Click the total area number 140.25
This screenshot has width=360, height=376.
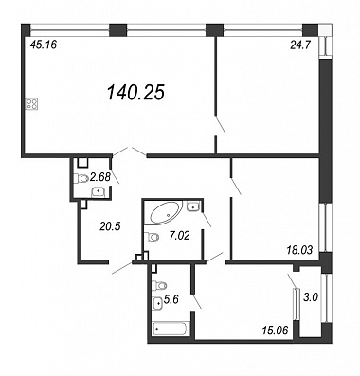coord(135,93)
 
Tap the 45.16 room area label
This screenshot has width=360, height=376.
coord(44,45)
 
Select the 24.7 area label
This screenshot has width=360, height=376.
coord(300,45)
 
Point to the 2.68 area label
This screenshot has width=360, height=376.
coord(100,177)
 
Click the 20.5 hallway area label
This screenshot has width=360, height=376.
coord(110,226)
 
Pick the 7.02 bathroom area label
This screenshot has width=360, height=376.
coord(179,236)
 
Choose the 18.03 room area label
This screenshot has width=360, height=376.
coord(298,251)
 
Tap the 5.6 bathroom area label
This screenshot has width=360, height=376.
coord(171,299)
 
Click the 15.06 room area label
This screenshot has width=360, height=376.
coord(276,331)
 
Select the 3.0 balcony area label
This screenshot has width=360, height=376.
coord(312,297)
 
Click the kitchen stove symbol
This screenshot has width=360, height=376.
coord(31,103)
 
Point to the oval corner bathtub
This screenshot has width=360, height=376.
coord(166,213)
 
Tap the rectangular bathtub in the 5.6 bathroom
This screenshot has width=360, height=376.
coord(171,330)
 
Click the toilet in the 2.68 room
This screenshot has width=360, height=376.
coord(81,179)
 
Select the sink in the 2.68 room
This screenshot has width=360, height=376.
coord(99,191)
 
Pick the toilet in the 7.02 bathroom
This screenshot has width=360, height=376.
coord(152,237)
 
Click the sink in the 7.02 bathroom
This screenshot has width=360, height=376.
coord(192,206)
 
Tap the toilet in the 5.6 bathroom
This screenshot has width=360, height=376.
coord(159,285)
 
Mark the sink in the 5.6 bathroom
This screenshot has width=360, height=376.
coord(158,304)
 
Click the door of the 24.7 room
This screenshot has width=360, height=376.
coord(221,125)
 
